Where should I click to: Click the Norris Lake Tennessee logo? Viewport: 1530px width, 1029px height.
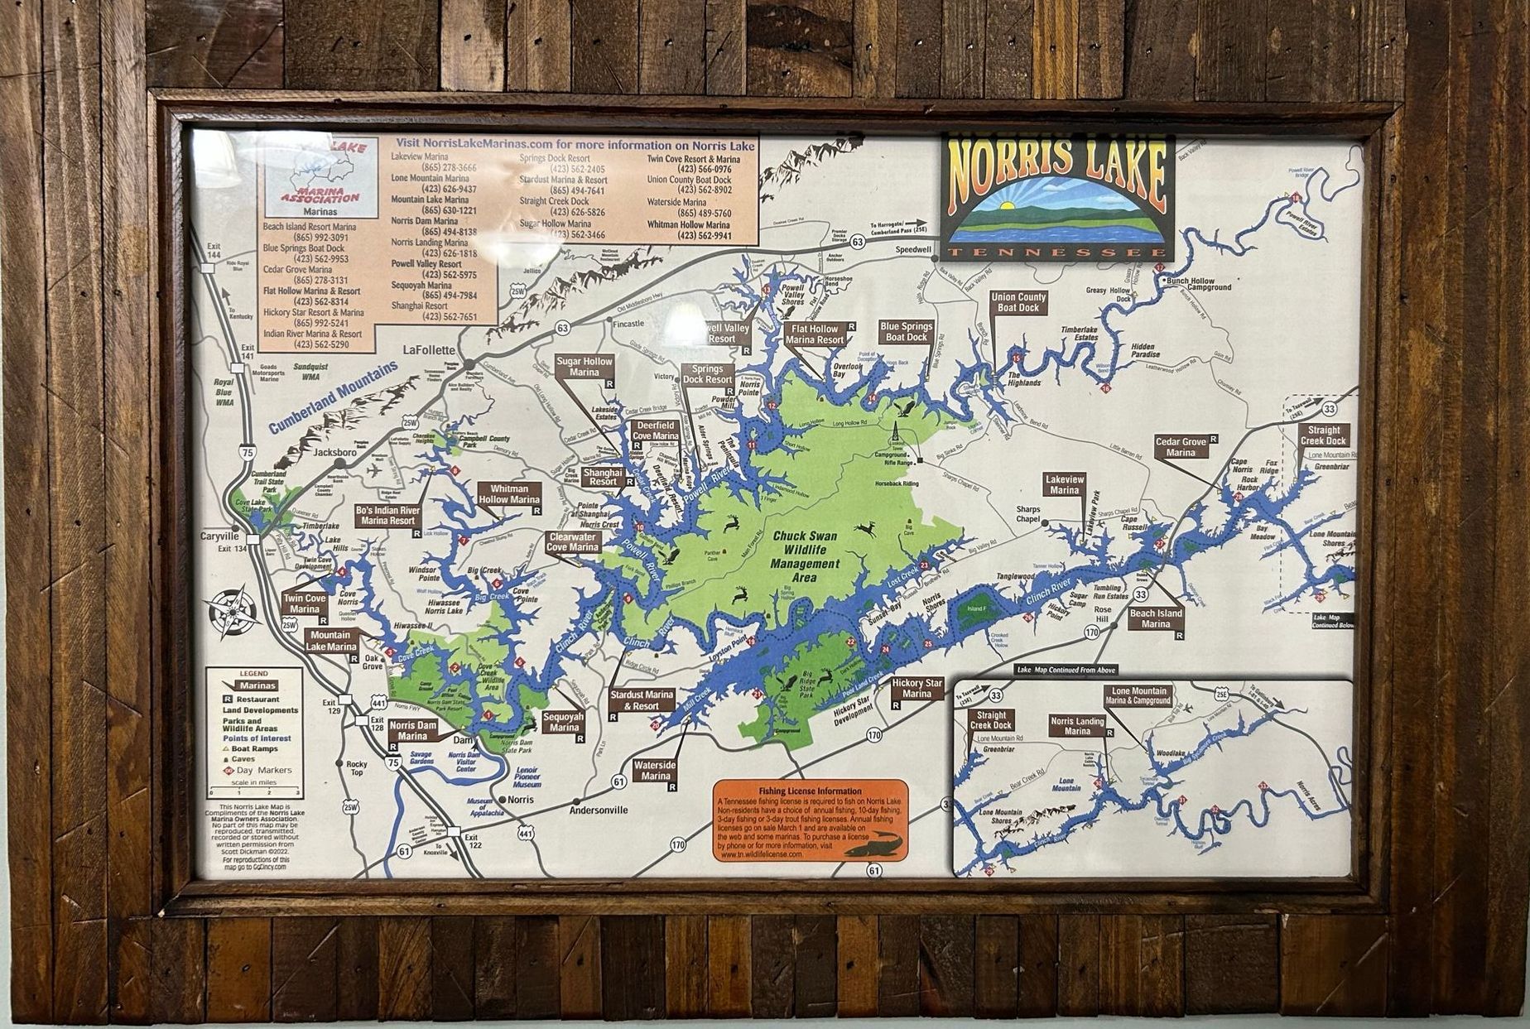[1057, 196]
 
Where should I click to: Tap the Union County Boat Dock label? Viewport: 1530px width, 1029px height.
[1018, 302]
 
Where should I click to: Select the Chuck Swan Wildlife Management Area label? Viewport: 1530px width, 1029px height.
[804, 555]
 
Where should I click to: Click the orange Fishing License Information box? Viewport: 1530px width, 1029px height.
[811, 820]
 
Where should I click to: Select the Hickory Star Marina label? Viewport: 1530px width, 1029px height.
[917, 688]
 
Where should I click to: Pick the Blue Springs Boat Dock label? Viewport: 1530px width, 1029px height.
[907, 332]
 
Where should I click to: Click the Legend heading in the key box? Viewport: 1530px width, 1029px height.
[253, 674]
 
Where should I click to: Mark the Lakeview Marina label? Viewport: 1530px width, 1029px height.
[1064, 484]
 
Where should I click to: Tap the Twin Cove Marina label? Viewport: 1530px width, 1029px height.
[305, 603]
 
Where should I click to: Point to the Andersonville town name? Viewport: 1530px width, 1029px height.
[599, 810]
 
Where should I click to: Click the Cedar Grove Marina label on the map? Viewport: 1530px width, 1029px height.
[1181, 447]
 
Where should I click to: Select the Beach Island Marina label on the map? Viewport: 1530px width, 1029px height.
[1156, 618]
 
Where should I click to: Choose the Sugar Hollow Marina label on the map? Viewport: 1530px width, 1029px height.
[585, 367]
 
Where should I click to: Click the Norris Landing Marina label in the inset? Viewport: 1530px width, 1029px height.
[1077, 726]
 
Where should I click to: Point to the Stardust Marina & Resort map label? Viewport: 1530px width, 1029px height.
[642, 700]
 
